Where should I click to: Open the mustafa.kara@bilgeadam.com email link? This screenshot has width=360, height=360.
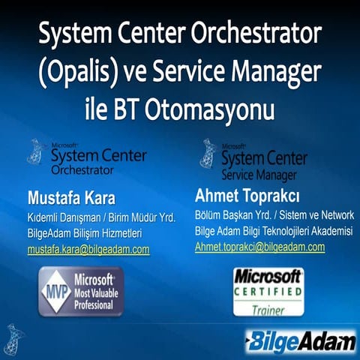(x=88, y=248)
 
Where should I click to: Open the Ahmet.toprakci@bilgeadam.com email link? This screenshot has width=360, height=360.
(x=259, y=246)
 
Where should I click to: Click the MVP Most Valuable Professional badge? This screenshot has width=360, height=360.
(x=82, y=290)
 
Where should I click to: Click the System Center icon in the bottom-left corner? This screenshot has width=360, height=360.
(x=13, y=338)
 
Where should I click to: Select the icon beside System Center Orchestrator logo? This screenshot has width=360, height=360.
(x=35, y=153)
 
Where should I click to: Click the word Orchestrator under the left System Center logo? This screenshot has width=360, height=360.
(x=86, y=169)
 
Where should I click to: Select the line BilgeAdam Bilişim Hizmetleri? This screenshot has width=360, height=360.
(x=85, y=233)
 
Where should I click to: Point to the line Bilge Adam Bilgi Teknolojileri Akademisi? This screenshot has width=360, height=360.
(x=273, y=232)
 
